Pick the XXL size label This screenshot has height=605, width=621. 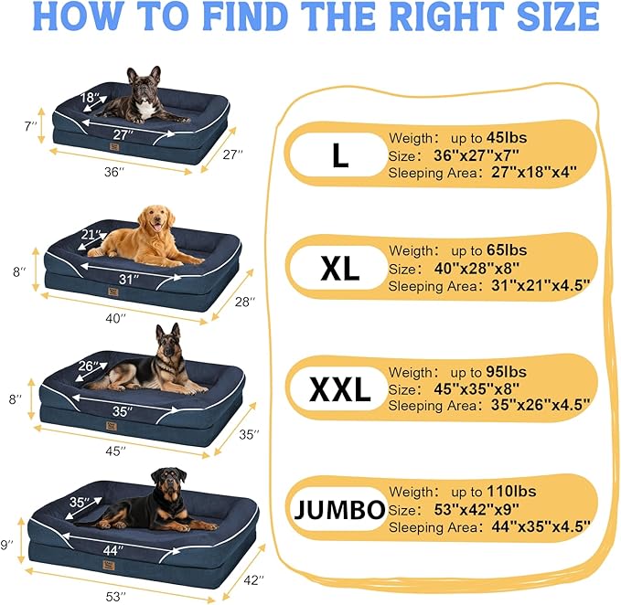point(339,389)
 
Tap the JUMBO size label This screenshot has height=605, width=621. point(339,510)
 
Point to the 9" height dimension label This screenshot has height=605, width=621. point(8,545)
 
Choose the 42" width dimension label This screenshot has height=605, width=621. point(253,579)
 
